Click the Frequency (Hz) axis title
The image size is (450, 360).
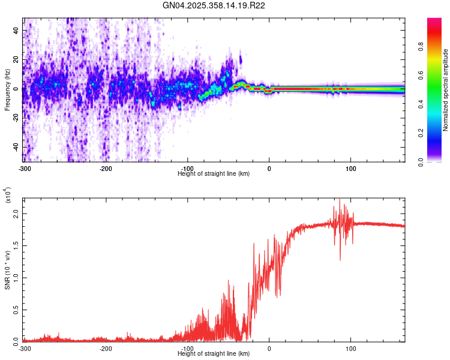point(7,89)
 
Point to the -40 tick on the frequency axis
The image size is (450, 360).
point(15,147)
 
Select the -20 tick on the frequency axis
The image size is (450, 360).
point(15,118)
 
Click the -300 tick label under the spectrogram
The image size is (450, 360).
point(25,168)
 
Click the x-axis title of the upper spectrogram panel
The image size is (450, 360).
point(214,173)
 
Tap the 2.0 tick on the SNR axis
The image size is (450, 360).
point(16,213)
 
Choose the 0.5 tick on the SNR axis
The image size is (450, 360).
point(16,309)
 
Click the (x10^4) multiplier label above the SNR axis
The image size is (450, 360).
point(8,196)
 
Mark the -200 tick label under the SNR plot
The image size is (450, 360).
point(106,348)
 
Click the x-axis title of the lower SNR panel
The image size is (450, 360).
point(214,353)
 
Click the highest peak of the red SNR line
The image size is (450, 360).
point(340,199)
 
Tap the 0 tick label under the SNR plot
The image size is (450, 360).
point(269,348)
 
